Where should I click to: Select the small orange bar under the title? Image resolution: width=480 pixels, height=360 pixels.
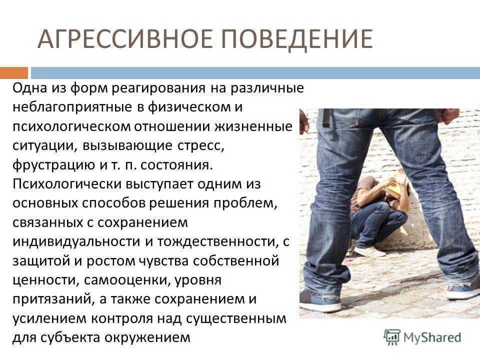pyautogui.click(x=14, y=73)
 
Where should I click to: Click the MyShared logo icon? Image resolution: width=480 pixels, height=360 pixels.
pyautogui.click(x=392, y=337)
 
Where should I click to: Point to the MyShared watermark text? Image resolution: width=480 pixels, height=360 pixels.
pyautogui.click(x=432, y=337)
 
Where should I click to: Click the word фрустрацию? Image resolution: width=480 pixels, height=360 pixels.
pyautogui.click(x=54, y=165)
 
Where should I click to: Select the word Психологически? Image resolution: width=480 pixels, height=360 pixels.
pyautogui.click(x=67, y=184)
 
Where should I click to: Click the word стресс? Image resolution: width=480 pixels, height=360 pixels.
pyautogui.click(x=201, y=146)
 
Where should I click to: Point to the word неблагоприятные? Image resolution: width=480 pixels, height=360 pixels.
pyautogui.click(x=72, y=107)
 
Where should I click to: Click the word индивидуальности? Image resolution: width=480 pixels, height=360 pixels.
pyautogui.click(x=76, y=242)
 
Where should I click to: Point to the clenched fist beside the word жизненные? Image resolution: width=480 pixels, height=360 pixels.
pyautogui.click(x=304, y=122)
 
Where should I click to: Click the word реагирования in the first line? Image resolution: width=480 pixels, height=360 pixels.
pyautogui.click(x=158, y=89)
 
